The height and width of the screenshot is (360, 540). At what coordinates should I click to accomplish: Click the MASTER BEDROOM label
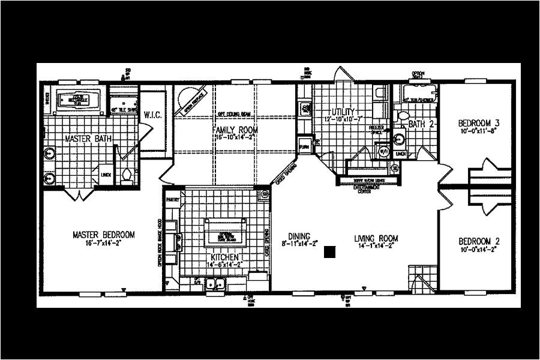coord(103,235)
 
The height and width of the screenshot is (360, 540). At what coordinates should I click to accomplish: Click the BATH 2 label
coord(421,124)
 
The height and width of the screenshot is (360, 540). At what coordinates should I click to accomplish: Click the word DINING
coord(299,236)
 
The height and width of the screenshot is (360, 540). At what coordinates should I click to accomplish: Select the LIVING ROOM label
coord(376,238)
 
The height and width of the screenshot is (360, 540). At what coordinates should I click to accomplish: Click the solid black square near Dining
coord(329,252)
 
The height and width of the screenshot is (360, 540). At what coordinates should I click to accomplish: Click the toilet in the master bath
coord(127,175)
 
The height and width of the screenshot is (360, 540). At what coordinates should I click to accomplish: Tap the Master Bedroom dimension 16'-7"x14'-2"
coord(103,244)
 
